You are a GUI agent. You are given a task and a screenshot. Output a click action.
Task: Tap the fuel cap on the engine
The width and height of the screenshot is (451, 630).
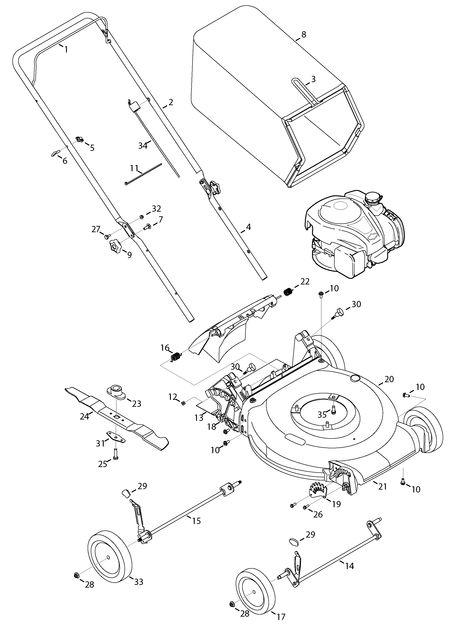[372, 198]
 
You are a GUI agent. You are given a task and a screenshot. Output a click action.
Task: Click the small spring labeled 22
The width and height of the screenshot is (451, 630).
[288, 292]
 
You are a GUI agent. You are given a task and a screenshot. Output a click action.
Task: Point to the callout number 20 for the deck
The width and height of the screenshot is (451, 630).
[389, 379]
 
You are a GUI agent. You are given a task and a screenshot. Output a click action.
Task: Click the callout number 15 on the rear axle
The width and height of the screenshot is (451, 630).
[196, 521]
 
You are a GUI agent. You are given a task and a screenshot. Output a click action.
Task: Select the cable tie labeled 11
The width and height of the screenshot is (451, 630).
[143, 174]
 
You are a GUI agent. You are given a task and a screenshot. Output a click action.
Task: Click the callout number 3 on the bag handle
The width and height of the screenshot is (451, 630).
[313, 79]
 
